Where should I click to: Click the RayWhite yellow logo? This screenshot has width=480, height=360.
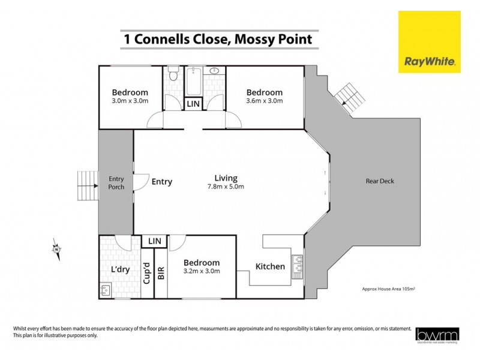(429, 42)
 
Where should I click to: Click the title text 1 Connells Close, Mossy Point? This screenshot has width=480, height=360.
(217, 40)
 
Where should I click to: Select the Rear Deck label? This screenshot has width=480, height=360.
(380, 181)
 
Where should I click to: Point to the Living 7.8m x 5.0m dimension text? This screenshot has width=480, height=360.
(226, 187)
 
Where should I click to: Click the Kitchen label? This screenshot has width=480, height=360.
(270, 266)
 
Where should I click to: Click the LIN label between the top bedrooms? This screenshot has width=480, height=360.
(193, 104)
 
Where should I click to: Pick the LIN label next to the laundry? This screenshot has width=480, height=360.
(155, 241)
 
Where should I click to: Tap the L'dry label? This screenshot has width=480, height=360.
(121, 269)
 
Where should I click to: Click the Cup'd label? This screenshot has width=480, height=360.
(146, 272)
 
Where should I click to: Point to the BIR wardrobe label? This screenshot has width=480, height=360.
(160, 273)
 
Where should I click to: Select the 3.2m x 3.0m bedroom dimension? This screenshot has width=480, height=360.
(202, 271)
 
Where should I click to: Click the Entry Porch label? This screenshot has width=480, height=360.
(116, 182)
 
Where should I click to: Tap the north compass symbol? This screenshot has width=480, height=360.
(56, 248)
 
